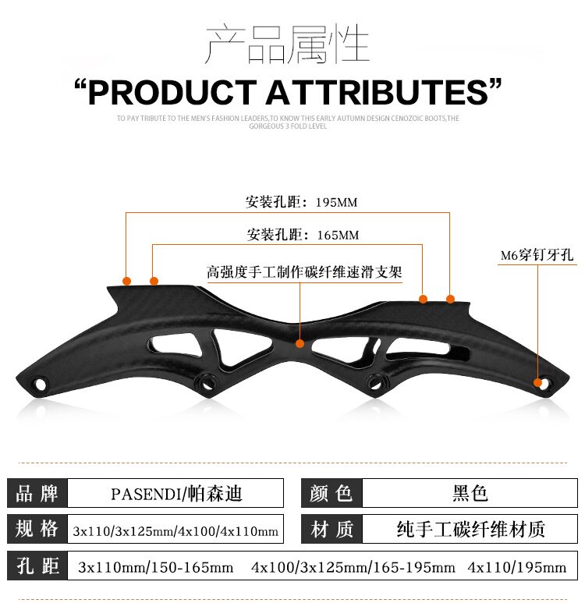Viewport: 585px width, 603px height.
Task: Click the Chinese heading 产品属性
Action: (286, 44)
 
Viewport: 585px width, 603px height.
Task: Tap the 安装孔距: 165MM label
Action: (303, 234)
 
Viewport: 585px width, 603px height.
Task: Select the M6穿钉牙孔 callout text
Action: (538, 255)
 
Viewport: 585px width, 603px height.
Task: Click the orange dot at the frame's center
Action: (300, 342)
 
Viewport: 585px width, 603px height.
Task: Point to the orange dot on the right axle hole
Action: (537, 382)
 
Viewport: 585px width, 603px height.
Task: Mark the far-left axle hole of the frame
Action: (38, 383)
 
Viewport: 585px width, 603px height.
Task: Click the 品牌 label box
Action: (37, 493)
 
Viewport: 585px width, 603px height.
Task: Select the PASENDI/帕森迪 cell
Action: (175, 493)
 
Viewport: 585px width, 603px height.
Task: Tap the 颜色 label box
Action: (331, 493)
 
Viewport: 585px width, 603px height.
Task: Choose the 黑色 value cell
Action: (470, 493)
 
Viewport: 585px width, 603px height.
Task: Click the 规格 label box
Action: (37, 530)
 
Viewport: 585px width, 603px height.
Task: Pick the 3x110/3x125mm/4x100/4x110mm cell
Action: (175, 530)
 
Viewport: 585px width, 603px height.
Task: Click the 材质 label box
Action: (331, 530)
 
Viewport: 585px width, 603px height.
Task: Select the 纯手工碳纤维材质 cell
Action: (470, 530)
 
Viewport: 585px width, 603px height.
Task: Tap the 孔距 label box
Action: (37, 566)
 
